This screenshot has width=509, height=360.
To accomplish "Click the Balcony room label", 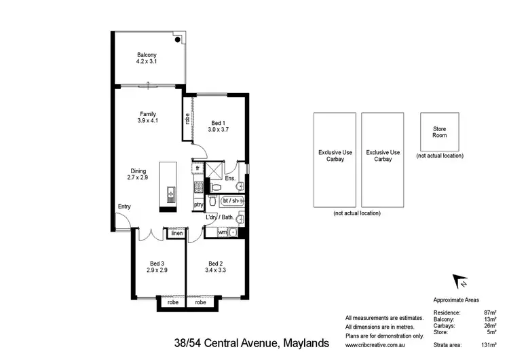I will pos(147,59).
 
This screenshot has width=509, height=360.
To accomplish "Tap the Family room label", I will pos(148,117).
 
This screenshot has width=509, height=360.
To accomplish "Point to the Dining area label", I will pos(137,174).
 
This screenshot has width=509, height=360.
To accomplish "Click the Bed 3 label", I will pos(157,266).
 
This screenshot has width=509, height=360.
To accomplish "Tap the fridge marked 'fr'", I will pos(197,167).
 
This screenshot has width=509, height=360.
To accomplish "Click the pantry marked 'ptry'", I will pos(199,204).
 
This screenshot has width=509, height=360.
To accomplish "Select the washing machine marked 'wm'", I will pos(222,232).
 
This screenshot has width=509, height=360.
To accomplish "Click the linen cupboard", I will pos(176,233).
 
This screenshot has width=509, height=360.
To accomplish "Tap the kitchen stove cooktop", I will pos(198,185).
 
